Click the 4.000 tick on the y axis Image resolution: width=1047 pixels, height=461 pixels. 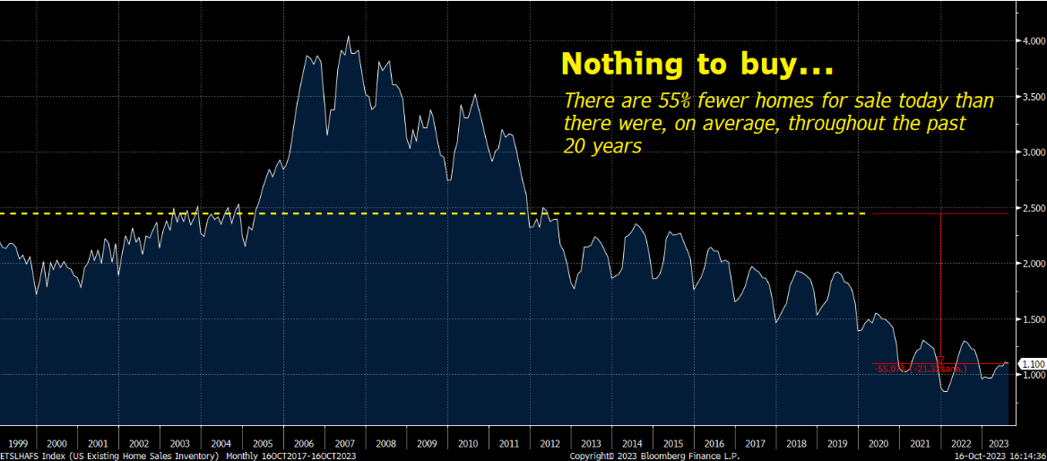pyautogui.click(x=1031, y=41)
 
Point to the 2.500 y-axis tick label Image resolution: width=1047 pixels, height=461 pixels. pyautogui.click(x=1031, y=208)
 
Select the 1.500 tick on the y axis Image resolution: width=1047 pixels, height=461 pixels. pyautogui.click(x=1031, y=319)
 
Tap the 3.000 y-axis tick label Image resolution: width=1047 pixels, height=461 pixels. pyautogui.click(x=1031, y=152)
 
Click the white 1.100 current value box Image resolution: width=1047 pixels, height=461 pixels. pyautogui.click(x=1033, y=363)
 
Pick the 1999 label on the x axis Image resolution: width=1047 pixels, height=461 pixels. pyautogui.click(x=15, y=443)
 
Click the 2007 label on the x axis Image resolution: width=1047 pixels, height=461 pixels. pyautogui.click(x=346, y=443)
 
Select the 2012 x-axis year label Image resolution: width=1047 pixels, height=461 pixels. pyautogui.click(x=549, y=443)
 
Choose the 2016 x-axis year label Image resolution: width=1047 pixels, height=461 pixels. pyautogui.click(x=714, y=443)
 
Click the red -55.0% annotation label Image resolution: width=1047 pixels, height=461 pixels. pyautogui.click(x=889, y=369)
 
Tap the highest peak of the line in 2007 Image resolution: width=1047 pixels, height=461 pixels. pyautogui.click(x=348, y=37)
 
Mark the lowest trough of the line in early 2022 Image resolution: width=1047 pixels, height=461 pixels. pyautogui.click(x=945, y=391)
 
